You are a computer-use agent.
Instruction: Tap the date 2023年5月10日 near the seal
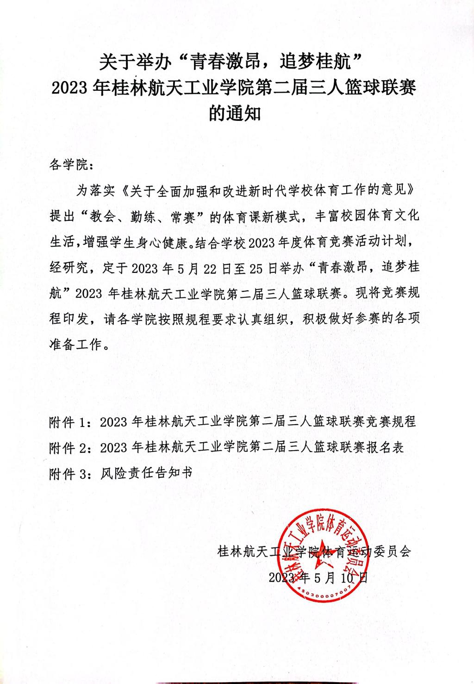318,577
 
